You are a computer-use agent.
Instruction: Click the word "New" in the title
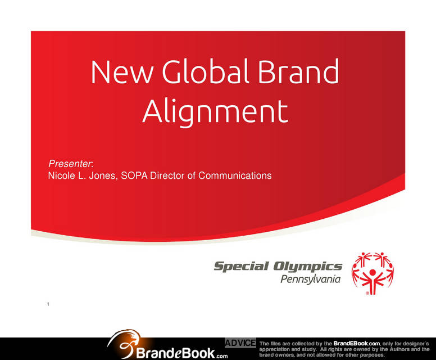click(122, 71)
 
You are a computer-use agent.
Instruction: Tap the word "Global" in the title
click(205, 71)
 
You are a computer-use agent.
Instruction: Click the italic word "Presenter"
click(70, 164)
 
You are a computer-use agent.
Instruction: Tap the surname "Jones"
click(103, 176)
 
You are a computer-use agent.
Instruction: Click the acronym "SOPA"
click(134, 175)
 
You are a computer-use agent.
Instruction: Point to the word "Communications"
click(235, 175)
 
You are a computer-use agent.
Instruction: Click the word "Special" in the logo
click(242, 267)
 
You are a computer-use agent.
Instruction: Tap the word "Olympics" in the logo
click(307, 267)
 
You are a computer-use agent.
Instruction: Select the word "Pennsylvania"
click(310, 279)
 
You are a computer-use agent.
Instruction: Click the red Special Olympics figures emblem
click(373, 273)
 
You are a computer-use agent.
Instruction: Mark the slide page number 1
click(48, 304)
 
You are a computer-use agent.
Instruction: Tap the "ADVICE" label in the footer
click(240, 343)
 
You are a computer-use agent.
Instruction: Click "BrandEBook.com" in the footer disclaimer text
click(356, 344)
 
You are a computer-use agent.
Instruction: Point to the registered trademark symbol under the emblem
click(367, 293)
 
